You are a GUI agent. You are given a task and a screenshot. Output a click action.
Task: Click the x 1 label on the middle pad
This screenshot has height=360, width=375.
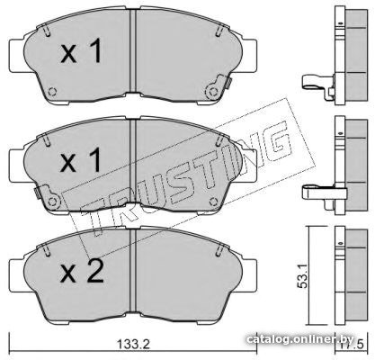click(x=81, y=161)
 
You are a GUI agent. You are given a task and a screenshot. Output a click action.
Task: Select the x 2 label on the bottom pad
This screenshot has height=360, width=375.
click(x=82, y=271)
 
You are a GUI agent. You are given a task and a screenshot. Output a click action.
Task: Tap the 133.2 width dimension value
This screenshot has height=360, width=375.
click(x=133, y=344)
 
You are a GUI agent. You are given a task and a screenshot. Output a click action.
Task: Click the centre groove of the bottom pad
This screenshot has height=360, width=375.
click(x=133, y=272)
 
